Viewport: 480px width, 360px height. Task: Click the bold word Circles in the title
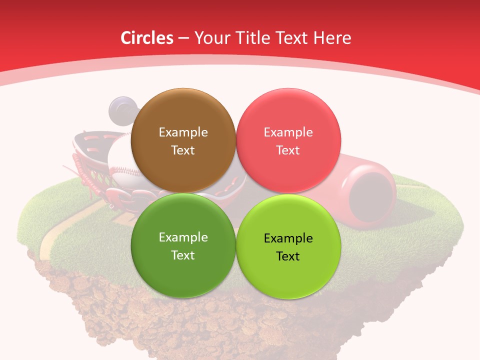[147, 38]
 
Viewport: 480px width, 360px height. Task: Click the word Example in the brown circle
[183, 132]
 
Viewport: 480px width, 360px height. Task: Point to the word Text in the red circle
[288, 150]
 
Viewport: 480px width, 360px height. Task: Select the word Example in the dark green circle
[183, 237]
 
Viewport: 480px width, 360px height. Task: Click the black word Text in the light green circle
[288, 256]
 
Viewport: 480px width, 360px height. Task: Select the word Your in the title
[210, 38]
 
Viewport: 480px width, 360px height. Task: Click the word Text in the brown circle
[183, 150]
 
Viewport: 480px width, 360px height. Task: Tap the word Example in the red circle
[288, 132]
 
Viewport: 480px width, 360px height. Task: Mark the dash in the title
[183, 38]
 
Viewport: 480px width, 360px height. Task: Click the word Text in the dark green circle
[183, 255]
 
